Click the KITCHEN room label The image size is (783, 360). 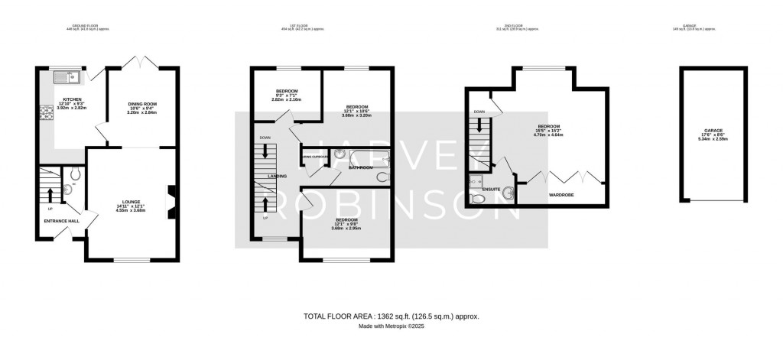point(72,99)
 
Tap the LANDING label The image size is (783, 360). point(277,176)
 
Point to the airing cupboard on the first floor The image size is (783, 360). point(315,157)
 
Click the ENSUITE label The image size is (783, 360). point(492,187)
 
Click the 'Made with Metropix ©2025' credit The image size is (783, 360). point(391,327)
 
